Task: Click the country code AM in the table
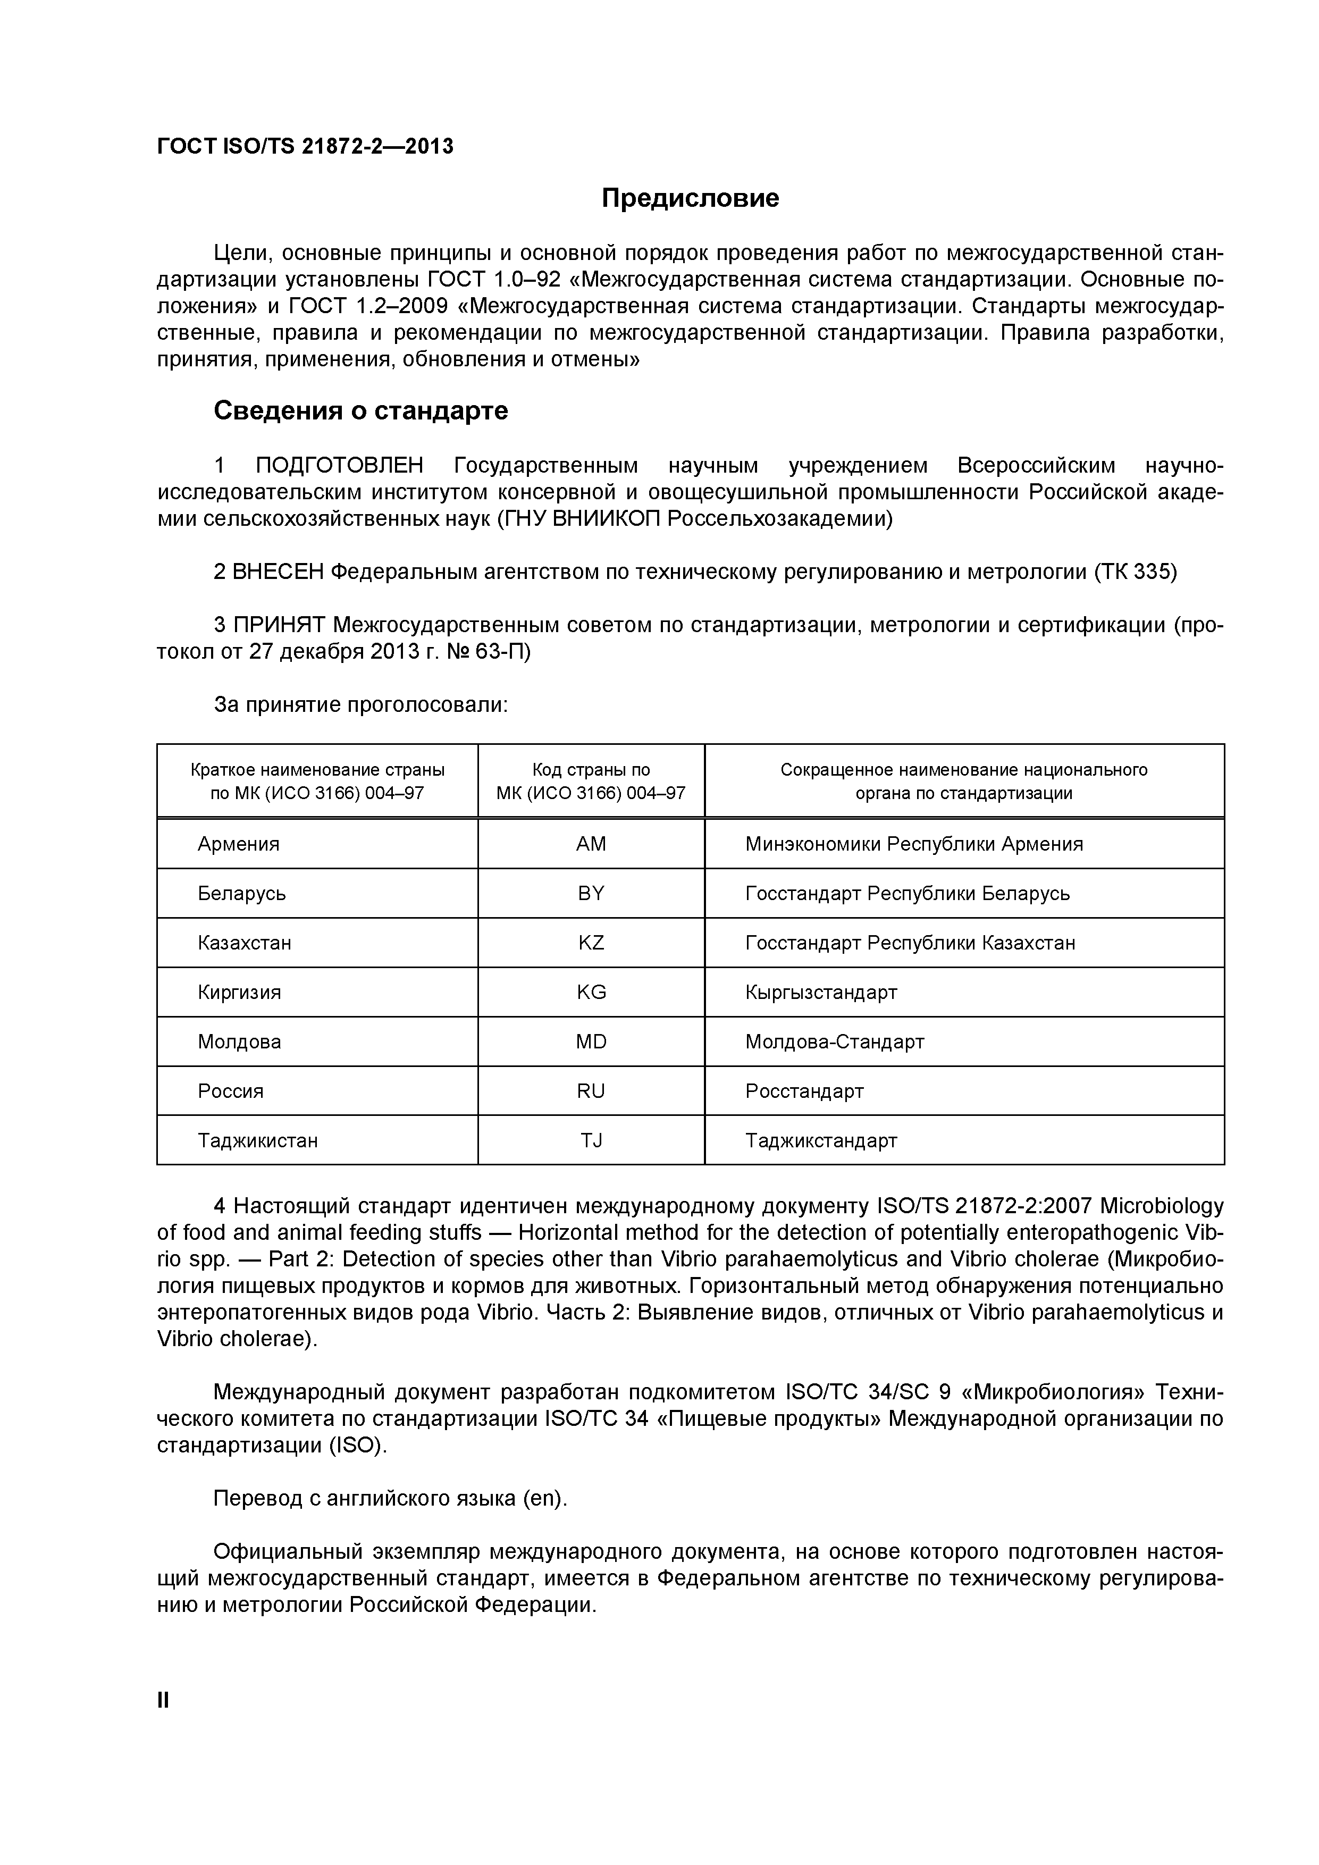(591, 844)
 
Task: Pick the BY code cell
(591, 894)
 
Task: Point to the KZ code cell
(591, 943)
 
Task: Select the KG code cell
(591, 993)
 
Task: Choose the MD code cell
(591, 1042)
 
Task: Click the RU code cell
(591, 1091)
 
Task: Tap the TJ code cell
(591, 1141)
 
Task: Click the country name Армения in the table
(238, 844)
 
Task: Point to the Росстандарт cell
(804, 1091)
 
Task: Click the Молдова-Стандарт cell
(834, 1042)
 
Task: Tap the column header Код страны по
(591, 770)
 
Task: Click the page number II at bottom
(163, 1700)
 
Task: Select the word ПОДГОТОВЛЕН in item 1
(340, 466)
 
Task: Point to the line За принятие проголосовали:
(360, 705)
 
